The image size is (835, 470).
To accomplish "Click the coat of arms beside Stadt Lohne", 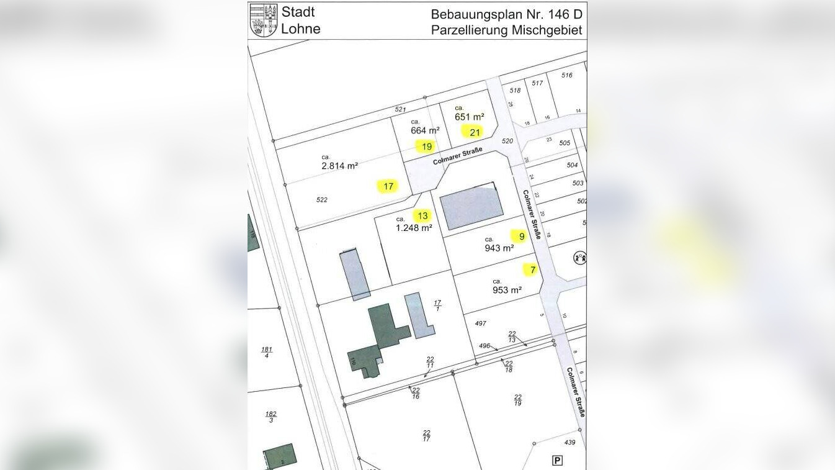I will pyautogui.click(x=263, y=20).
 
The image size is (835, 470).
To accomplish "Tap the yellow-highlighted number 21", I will pyautogui.click(x=475, y=132).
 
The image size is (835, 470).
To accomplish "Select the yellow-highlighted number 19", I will pyautogui.click(x=427, y=147).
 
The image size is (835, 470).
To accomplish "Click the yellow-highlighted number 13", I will pyautogui.click(x=422, y=216).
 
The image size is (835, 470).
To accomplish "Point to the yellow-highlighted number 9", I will pyautogui.click(x=522, y=236).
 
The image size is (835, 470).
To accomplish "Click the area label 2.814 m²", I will pyautogui.click(x=339, y=166).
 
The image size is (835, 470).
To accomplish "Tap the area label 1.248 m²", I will pyautogui.click(x=414, y=228).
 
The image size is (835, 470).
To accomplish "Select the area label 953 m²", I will pyautogui.click(x=507, y=290).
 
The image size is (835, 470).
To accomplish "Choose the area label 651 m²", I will pyautogui.click(x=469, y=117).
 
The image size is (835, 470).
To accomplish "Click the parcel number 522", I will pyautogui.click(x=321, y=200).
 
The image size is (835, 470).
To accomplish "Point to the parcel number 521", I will pyautogui.click(x=400, y=109).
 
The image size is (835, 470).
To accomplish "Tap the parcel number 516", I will pyautogui.click(x=566, y=75).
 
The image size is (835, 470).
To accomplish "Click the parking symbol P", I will pyautogui.click(x=557, y=460).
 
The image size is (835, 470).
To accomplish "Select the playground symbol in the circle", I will pyautogui.click(x=581, y=257).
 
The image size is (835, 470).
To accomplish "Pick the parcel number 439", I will pyautogui.click(x=570, y=443).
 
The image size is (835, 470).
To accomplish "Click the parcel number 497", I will pyautogui.click(x=480, y=323).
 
